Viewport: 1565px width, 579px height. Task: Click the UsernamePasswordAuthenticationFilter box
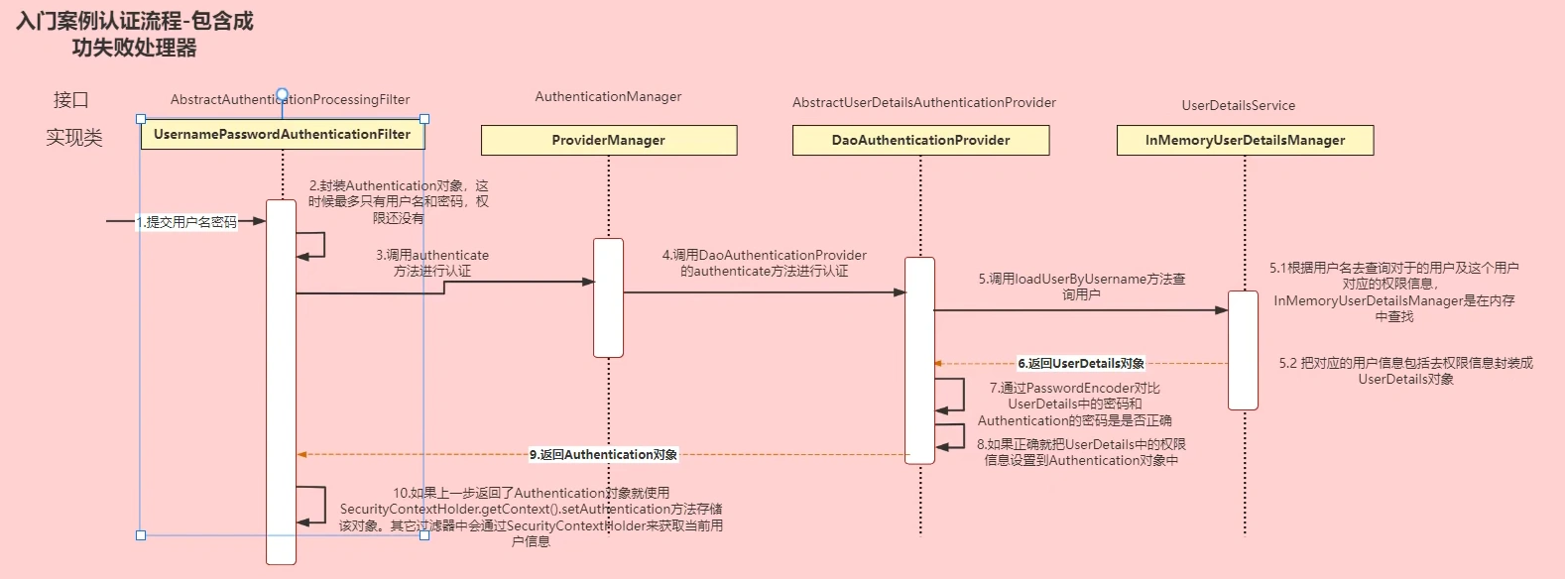click(282, 135)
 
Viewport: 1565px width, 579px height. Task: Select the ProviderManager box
click(608, 141)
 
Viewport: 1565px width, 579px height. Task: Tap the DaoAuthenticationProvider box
click(920, 141)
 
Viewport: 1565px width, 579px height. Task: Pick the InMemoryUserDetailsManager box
click(1245, 141)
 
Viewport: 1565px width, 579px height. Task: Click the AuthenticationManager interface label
click(608, 97)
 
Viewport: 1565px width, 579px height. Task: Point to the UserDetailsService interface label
click(1238, 106)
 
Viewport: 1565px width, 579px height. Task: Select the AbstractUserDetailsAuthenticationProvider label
click(923, 103)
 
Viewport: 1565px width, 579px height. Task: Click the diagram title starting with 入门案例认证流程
click(135, 34)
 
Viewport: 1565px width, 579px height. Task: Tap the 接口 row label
click(71, 100)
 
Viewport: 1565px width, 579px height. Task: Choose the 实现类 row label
click(74, 138)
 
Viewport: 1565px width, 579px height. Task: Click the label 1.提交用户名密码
click(187, 222)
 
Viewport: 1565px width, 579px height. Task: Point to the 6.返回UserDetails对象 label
click(1081, 364)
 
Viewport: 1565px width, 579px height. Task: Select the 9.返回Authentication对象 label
click(603, 455)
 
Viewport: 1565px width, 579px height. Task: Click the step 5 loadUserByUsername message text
click(1081, 287)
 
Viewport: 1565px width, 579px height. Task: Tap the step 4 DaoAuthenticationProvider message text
click(764, 263)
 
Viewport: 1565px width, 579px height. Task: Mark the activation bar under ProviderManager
click(608, 297)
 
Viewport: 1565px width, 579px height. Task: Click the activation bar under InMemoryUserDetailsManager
click(1243, 350)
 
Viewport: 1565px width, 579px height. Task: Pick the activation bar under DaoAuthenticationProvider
click(919, 360)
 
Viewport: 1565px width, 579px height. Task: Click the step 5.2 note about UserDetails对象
click(1405, 371)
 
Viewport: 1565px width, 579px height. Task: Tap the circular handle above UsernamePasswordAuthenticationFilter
click(282, 95)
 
